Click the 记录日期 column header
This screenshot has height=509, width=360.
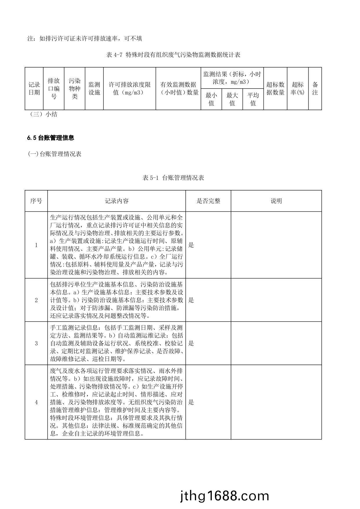34,88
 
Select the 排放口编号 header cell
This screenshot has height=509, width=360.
54,88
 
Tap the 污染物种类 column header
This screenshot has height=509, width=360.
75,88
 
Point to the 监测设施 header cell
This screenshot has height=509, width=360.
94,88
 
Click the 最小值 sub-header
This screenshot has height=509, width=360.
211,99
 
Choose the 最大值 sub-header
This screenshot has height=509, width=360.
232,99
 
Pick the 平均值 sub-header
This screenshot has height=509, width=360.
253,99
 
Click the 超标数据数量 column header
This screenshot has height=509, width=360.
275,88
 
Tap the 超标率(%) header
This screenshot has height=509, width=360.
298,88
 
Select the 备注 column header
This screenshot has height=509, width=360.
315,88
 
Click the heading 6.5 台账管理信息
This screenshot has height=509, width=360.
51,138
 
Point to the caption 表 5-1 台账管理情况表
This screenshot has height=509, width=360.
173,178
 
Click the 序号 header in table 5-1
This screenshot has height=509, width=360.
36,201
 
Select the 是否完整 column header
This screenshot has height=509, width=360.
208,201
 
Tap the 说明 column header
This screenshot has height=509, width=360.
276,201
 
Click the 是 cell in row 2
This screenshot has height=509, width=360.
191,300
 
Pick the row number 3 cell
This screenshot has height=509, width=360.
36,343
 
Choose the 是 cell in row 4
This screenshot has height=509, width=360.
191,402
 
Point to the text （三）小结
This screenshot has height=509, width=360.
43,114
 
